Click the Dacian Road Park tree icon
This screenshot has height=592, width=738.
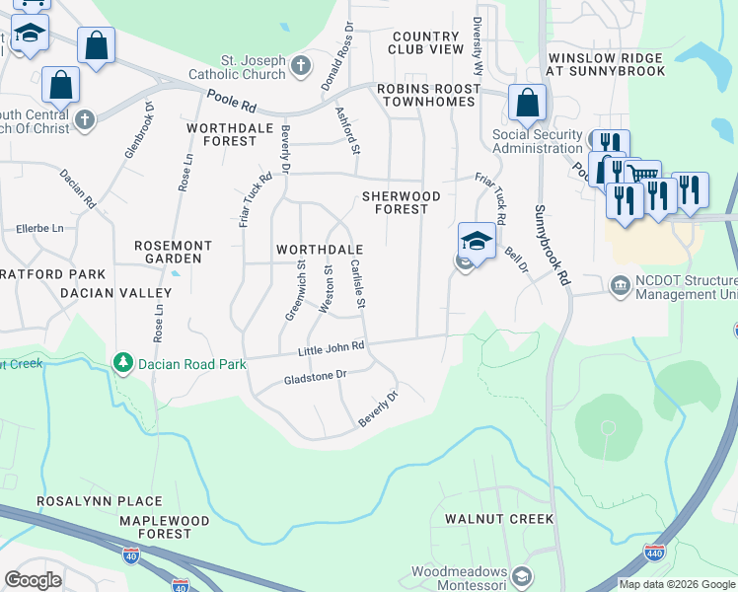click(x=123, y=364)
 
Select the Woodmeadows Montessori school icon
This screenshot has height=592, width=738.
click(x=522, y=576)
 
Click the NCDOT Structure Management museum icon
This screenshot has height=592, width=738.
click(x=620, y=286)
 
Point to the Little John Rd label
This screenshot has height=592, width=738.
click(x=331, y=347)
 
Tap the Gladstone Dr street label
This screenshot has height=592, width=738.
click(x=316, y=377)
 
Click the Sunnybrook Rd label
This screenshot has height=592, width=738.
click(x=554, y=245)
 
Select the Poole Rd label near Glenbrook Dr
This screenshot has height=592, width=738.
click(x=233, y=98)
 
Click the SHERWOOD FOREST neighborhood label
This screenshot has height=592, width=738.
click(x=396, y=202)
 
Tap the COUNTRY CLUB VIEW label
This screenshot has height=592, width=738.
click(x=425, y=41)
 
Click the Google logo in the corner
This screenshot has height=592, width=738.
click(x=33, y=579)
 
